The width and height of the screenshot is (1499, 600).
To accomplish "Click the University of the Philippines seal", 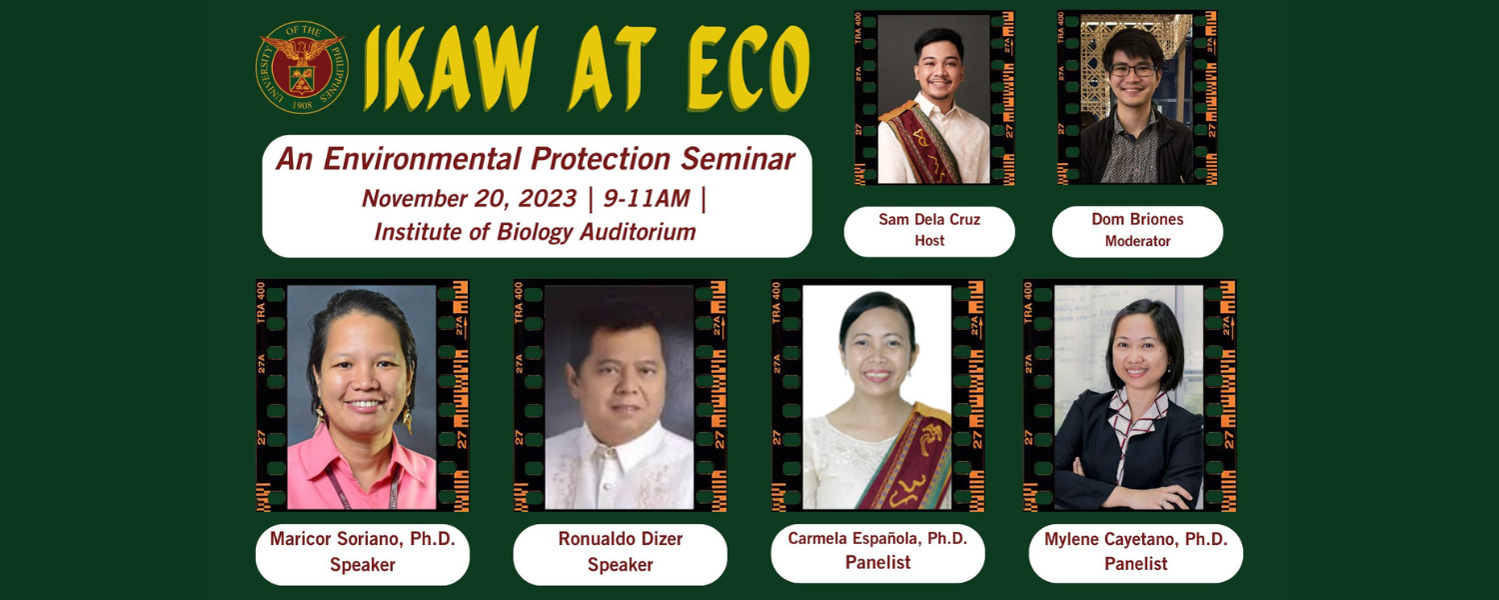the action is (302, 67).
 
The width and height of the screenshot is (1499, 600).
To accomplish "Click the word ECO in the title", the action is (748, 68).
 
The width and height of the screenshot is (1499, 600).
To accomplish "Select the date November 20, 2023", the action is (469, 199).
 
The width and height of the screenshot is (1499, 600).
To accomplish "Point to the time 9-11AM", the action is (647, 199).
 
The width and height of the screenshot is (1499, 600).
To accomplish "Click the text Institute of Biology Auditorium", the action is (536, 232).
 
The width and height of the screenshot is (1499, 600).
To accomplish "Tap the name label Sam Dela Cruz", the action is (929, 220).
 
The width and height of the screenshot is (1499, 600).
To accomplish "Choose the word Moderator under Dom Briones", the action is (1137, 241).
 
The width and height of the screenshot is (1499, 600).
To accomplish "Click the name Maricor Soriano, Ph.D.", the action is (362, 539).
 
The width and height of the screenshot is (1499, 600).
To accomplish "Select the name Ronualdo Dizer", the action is (621, 539).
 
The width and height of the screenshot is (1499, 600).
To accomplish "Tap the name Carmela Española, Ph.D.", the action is (877, 538).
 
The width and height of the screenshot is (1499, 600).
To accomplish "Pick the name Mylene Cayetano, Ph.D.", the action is (1136, 539).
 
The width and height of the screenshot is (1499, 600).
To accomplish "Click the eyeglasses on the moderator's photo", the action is (1132, 70).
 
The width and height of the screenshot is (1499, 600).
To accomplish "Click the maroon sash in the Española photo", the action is (906, 462).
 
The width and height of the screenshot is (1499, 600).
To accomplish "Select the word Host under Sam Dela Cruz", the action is (929, 240).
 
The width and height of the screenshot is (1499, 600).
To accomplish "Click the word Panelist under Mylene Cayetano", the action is (1136, 564).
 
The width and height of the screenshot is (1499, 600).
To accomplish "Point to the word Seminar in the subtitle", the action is (739, 159).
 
